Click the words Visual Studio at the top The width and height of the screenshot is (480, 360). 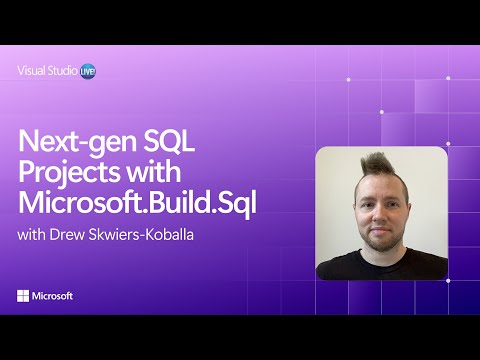(47, 71)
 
